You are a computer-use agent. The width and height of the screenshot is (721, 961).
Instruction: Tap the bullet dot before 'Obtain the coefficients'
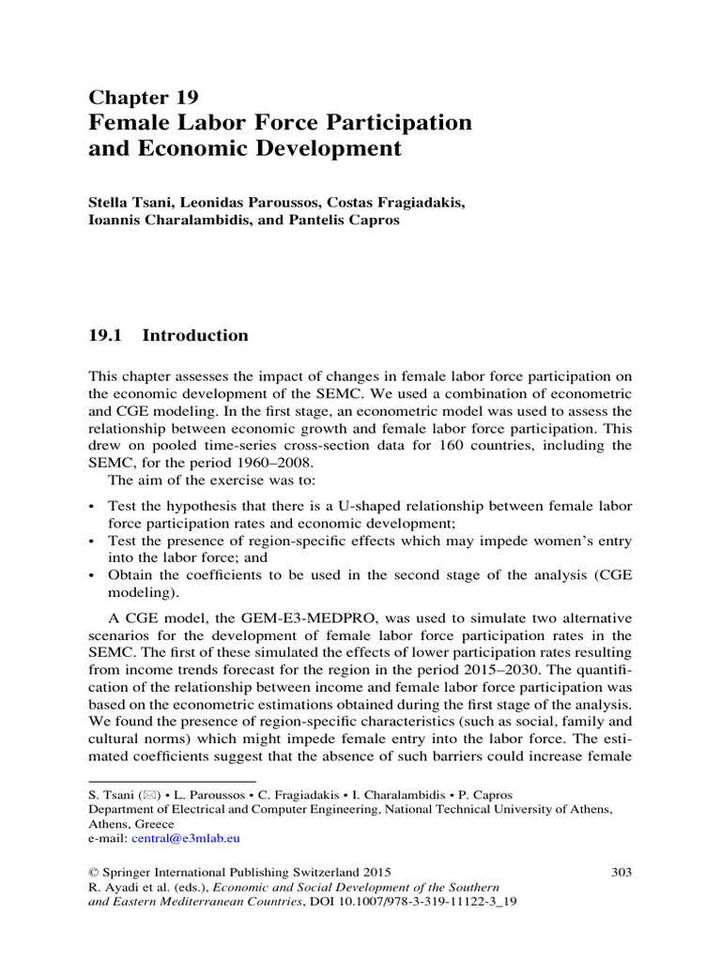[91, 575]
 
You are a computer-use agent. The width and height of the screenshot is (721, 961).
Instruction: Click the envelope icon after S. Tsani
[147, 794]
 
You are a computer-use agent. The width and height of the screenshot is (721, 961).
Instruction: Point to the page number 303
[621, 872]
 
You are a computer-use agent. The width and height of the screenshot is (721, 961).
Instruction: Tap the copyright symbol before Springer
[93, 872]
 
